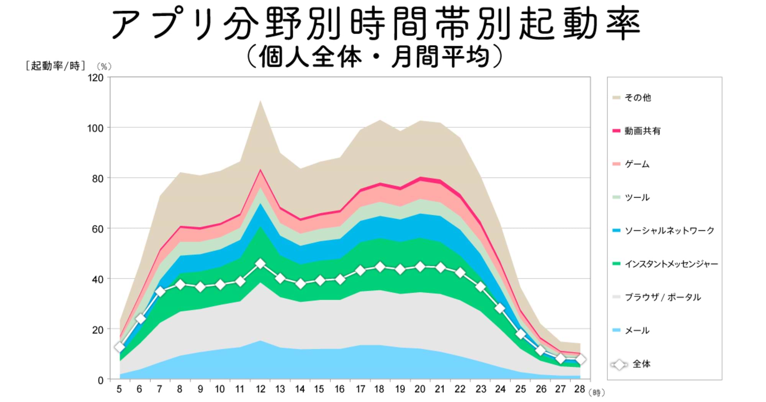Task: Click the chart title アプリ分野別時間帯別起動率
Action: click(375, 24)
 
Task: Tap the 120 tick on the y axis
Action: click(95, 78)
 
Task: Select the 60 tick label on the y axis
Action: click(98, 229)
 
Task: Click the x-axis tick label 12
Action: click(260, 389)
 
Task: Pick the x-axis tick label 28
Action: click(579, 389)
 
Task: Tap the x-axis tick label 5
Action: click(119, 389)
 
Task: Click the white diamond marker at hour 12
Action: click(260, 264)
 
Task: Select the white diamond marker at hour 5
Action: click(120, 347)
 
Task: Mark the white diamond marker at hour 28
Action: click(581, 359)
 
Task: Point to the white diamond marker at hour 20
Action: click(420, 266)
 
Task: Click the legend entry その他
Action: click(638, 98)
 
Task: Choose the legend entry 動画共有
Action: click(642, 131)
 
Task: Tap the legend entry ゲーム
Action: click(637, 164)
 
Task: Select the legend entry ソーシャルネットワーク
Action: click(669, 230)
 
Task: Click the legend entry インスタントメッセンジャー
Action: click(671, 264)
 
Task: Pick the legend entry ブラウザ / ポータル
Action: click(663, 297)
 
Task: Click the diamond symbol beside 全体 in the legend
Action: click(619, 364)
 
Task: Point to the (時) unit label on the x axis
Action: click(596, 392)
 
